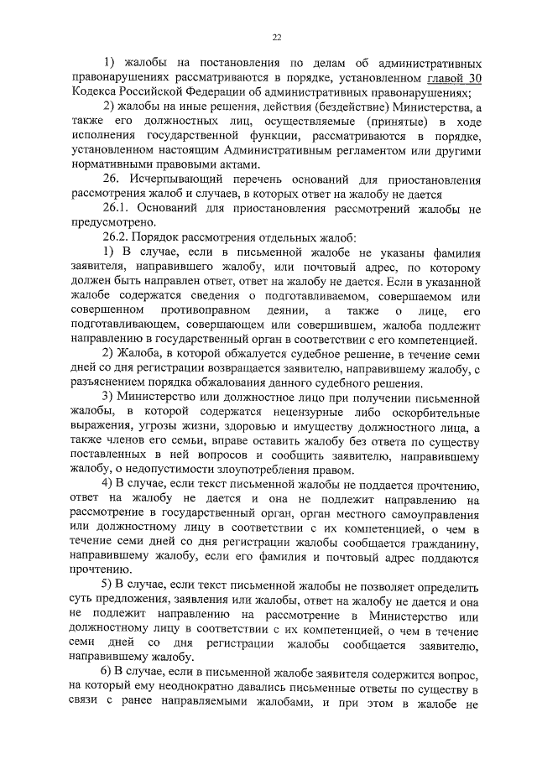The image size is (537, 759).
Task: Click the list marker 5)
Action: click(107, 584)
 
